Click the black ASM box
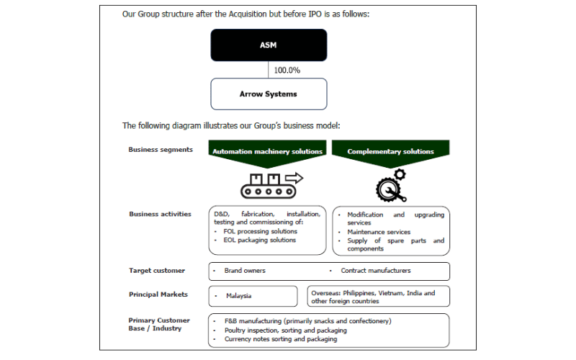point(269,45)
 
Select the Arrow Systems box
point(269,94)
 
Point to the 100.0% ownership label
point(287,70)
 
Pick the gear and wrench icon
point(391,186)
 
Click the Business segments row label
point(161,150)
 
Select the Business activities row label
point(160,214)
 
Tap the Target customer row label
point(157,271)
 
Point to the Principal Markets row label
point(158,294)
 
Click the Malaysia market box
point(253,296)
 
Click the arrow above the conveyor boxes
point(294,178)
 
